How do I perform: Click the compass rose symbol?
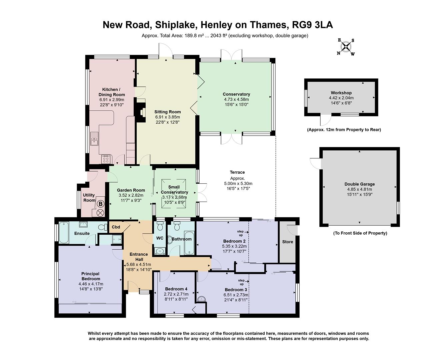[x=346, y=47]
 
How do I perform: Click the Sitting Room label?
[x=167, y=112]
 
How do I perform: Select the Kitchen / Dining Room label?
[x=111, y=92]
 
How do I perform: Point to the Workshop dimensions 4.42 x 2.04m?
[x=341, y=98]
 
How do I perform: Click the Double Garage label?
[x=359, y=184]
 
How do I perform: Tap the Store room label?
[x=287, y=242]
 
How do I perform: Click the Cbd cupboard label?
[x=116, y=227]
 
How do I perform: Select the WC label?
[x=160, y=238]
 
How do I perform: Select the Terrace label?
[x=237, y=172]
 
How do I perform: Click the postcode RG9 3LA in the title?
[x=312, y=25]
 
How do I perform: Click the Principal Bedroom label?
[x=90, y=276]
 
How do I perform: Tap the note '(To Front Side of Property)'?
[x=360, y=233]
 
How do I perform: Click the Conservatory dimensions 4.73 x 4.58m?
[x=236, y=99]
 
